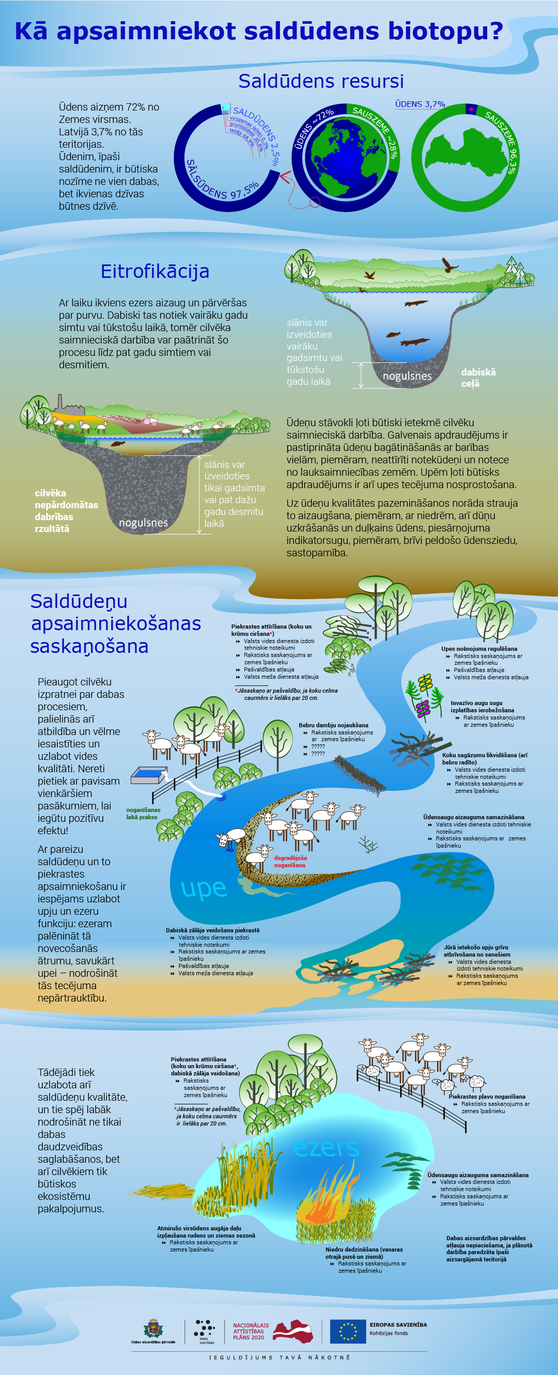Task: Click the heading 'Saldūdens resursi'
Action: pyautogui.click(x=320, y=81)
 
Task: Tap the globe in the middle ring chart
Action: pyautogui.click(x=346, y=158)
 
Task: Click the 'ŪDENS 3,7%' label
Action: pyautogui.click(x=420, y=104)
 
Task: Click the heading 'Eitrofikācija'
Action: pyautogui.click(x=155, y=271)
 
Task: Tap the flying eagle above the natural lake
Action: pyautogui.click(x=450, y=264)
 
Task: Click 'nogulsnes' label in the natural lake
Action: pyautogui.click(x=407, y=376)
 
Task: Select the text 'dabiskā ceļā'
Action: pyautogui.click(x=478, y=378)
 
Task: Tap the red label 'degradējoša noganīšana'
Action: pyautogui.click(x=290, y=862)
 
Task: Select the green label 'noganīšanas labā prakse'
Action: pyautogui.click(x=143, y=814)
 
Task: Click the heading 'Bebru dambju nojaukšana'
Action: pyautogui.click(x=333, y=725)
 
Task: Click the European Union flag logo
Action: pyautogui.click(x=348, y=1331)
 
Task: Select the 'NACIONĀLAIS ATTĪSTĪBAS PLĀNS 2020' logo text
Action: pyautogui.click(x=251, y=1331)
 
